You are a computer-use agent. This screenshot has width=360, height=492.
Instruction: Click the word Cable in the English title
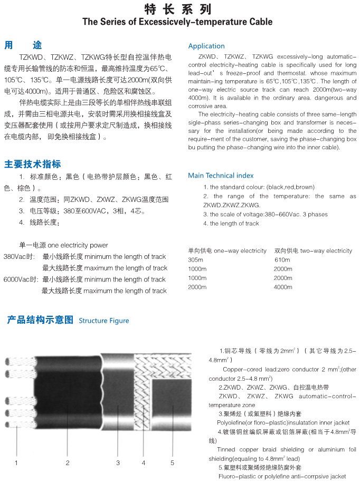click(259, 22)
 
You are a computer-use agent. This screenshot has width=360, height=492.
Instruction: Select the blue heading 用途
click(23, 45)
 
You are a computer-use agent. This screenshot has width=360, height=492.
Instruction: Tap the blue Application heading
click(206, 46)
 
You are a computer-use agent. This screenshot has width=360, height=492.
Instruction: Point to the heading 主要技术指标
click(32, 163)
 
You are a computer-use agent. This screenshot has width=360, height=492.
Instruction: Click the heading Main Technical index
click(221, 175)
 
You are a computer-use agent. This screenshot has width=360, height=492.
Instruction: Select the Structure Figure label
click(103, 321)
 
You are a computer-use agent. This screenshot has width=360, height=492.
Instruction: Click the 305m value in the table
click(195, 260)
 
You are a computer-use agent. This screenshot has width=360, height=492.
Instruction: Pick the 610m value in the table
click(282, 260)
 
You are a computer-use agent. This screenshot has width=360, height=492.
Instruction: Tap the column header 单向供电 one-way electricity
click(227, 250)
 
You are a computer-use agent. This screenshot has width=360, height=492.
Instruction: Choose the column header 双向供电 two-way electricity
click(313, 250)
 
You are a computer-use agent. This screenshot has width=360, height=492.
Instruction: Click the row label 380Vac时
click(19, 257)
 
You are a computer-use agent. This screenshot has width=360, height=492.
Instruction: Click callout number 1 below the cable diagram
click(16, 463)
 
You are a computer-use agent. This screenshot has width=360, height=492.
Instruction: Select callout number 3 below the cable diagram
click(118, 463)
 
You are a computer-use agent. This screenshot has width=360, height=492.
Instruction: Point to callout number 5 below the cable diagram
click(172, 463)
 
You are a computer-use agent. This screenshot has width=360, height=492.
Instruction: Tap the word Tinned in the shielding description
click(227, 449)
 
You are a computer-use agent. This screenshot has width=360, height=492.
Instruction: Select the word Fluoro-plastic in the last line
click(238, 476)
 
